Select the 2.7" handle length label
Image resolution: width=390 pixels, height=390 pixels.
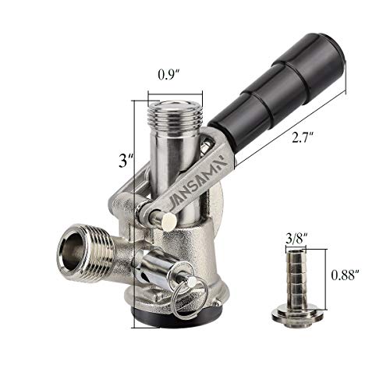click(x=303, y=139)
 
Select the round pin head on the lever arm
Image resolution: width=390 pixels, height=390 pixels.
click(x=166, y=222)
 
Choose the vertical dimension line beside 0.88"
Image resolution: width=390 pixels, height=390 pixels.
click(x=320, y=277)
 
